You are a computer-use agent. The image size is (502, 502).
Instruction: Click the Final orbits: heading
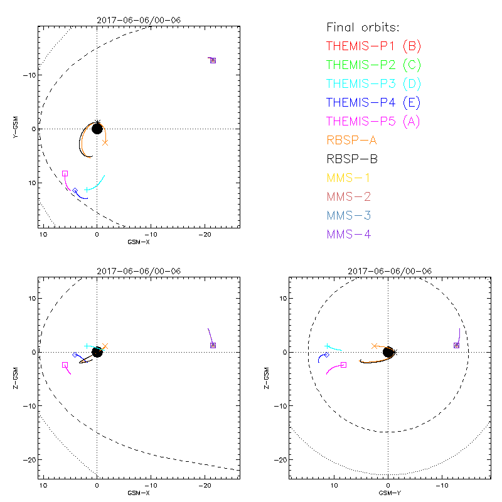[363, 27]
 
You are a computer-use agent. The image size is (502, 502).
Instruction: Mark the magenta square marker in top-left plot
[65, 173]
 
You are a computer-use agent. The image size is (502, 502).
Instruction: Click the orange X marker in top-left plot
[105, 142]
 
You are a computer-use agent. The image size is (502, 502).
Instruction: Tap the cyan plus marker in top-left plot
[87, 190]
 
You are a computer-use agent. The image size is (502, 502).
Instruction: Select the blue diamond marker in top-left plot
[75, 191]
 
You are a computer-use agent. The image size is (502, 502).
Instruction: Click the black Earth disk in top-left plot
[97, 129]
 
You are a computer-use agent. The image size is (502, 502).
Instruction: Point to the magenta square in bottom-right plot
[343, 365]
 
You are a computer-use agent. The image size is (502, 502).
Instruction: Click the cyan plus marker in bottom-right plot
[328, 346]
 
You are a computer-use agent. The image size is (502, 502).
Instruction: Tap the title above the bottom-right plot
[388, 271]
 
